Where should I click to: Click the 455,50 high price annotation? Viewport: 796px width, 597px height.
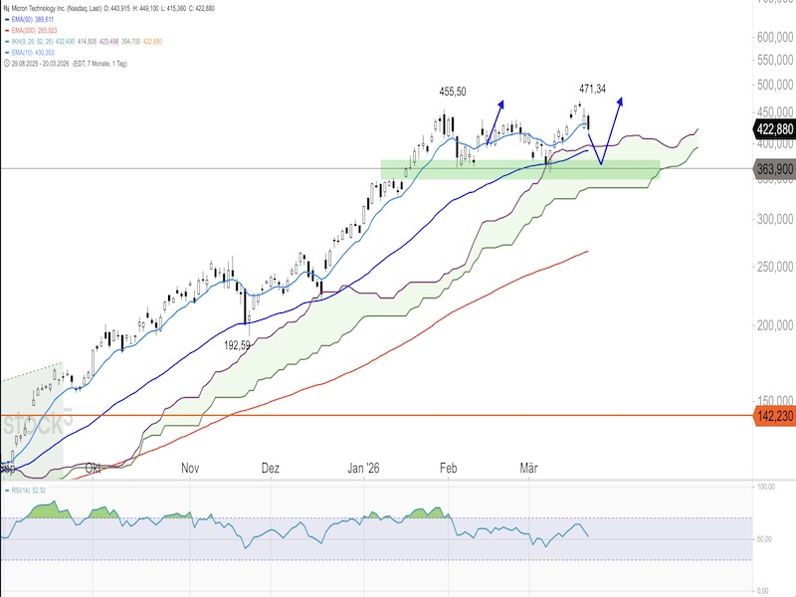453,92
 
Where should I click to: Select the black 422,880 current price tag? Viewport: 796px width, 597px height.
775,128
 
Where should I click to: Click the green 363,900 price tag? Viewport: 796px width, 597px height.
775,169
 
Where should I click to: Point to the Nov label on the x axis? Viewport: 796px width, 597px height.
191,467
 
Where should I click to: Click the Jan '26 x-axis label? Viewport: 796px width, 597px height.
364,467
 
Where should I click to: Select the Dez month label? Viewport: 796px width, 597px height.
270,467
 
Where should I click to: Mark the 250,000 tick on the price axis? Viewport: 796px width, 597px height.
774,267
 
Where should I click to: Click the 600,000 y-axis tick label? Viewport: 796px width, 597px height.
774,37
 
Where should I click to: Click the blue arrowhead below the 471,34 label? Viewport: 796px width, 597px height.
622,99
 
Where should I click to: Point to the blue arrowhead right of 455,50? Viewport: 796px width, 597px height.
501,102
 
